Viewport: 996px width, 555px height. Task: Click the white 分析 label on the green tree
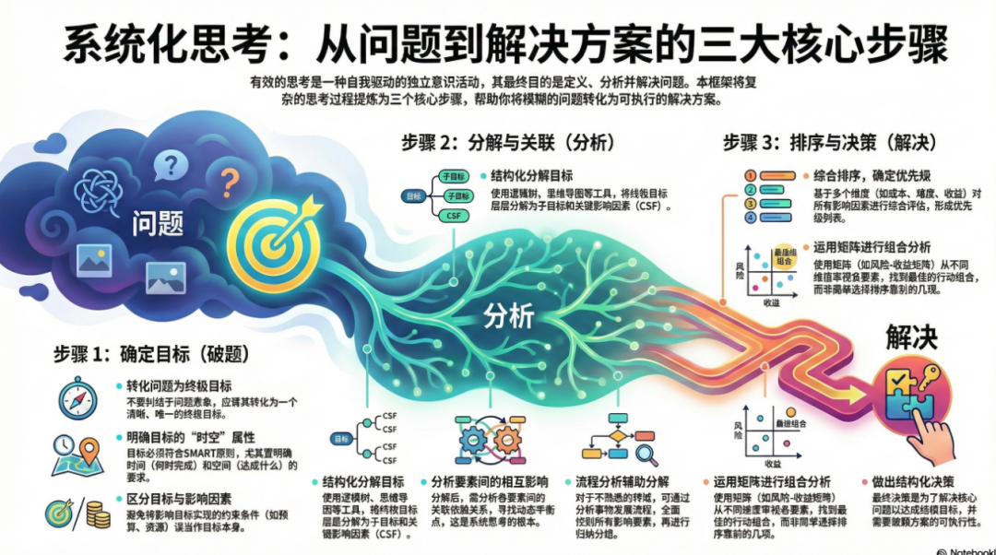tap(508, 316)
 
